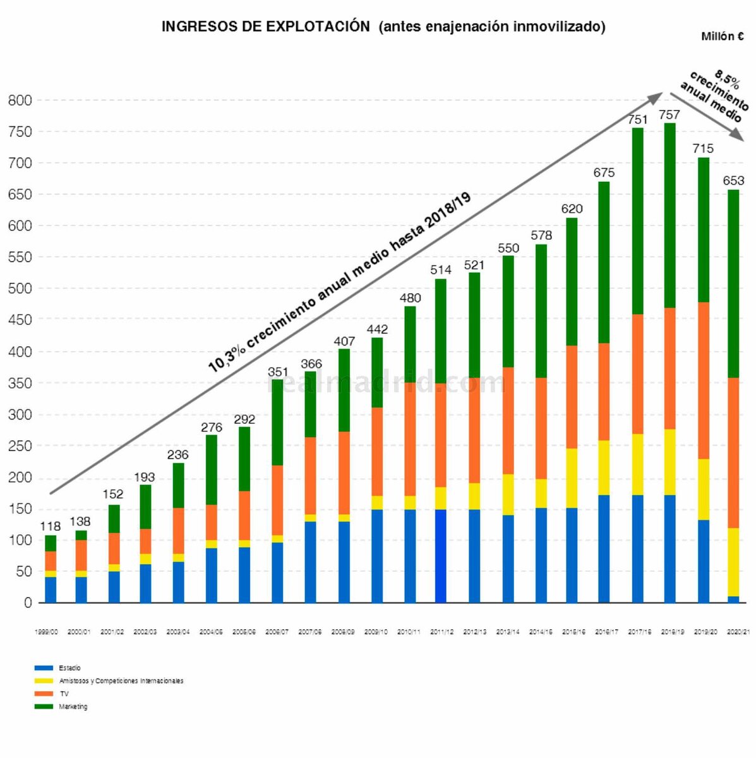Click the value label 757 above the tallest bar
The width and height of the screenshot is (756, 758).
tap(669, 115)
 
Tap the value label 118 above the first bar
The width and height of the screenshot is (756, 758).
tap(50, 526)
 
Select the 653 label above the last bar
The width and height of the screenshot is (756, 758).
tap(733, 181)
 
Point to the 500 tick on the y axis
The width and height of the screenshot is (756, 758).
tap(20, 289)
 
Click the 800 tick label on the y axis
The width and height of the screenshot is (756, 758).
tap(20, 100)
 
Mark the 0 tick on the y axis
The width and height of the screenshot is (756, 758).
tap(27, 603)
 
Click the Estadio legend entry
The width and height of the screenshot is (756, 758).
tap(69, 668)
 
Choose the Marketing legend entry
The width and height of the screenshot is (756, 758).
tap(73, 707)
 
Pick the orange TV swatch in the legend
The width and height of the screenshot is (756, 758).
tap(44, 694)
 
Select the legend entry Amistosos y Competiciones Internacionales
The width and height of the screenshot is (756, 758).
tap(121, 681)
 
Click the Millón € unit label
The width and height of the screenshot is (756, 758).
tap(722, 37)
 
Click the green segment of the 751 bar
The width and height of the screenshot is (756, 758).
tap(637, 221)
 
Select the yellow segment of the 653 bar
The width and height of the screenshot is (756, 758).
tap(733, 562)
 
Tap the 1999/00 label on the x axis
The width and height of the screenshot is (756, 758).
tap(46, 632)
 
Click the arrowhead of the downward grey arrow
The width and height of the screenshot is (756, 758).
tap(736, 135)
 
